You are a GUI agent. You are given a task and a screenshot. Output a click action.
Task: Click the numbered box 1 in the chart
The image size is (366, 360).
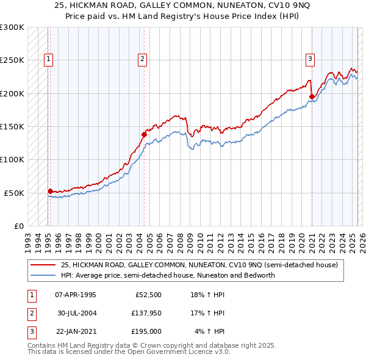[48, 59]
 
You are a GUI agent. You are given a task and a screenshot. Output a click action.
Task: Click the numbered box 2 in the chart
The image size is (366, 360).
[142, 59]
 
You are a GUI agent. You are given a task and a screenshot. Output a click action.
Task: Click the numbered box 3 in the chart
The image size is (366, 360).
[310, 59]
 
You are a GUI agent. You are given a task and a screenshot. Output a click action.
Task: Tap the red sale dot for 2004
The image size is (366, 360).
[145, 134]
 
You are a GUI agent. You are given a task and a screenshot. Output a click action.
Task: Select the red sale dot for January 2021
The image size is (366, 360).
[312, 96]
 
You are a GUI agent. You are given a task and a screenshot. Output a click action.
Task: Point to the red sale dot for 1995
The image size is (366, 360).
[50, 190]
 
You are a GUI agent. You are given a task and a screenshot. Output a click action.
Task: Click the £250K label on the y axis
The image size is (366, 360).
[12, 60]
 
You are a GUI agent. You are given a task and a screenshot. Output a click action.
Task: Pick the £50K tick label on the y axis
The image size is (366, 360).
[13, 193]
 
